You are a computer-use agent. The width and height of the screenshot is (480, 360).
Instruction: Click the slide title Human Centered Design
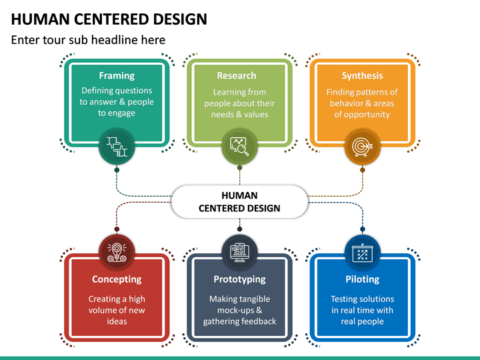[109, 19]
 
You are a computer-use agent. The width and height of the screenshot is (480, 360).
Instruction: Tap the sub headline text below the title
[88, 40]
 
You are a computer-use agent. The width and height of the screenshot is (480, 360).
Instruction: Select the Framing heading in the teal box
[117, 75]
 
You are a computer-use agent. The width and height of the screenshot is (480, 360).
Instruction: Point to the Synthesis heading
[362, 75]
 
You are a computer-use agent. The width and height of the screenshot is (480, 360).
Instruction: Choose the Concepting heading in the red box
[117, 279]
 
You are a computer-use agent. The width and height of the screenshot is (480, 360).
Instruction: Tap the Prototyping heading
[239, 279]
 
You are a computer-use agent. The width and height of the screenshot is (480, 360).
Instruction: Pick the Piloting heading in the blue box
[362, 279]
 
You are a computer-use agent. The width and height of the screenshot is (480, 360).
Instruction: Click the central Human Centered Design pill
[239, 202]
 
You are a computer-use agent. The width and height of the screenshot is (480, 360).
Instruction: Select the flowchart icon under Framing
[117, 146]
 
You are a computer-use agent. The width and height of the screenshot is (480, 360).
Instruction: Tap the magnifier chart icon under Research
[239, 146]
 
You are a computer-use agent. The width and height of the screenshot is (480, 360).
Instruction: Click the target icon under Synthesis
[362, 146]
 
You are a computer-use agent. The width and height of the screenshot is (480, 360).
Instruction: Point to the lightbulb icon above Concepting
[117, 251]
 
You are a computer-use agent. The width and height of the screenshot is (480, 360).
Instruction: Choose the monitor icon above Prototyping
[239, 251]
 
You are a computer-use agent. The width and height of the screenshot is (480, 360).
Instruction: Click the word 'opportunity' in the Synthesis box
[362, 115]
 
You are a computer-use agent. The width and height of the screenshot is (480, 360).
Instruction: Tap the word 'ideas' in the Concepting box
[117, 321]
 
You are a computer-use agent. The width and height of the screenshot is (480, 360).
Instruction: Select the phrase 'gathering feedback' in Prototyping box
[239, 321]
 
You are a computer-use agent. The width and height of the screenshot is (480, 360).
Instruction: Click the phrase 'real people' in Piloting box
[362, 321]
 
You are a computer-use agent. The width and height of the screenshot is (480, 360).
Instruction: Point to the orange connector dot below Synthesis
[362, 170]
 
